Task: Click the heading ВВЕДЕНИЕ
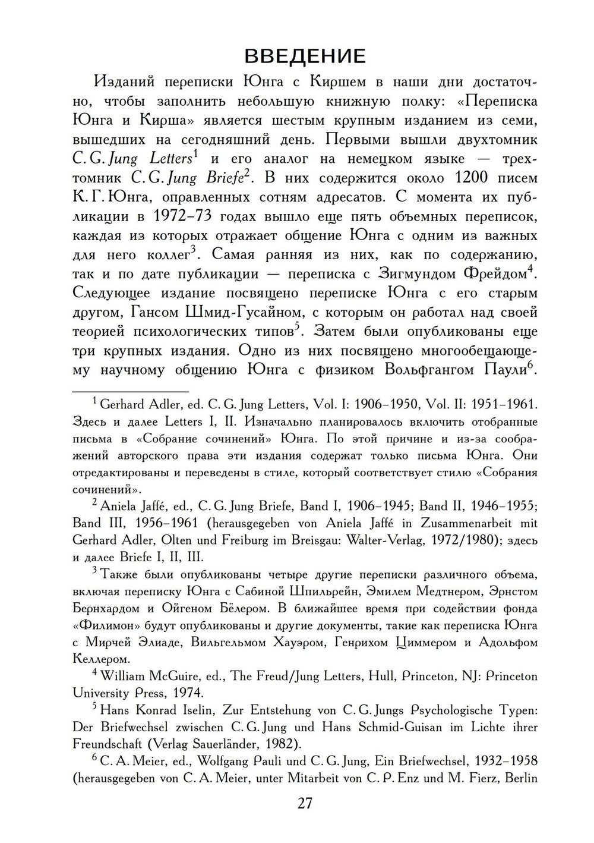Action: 305,56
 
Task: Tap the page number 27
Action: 304,803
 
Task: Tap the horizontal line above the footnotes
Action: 130,391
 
